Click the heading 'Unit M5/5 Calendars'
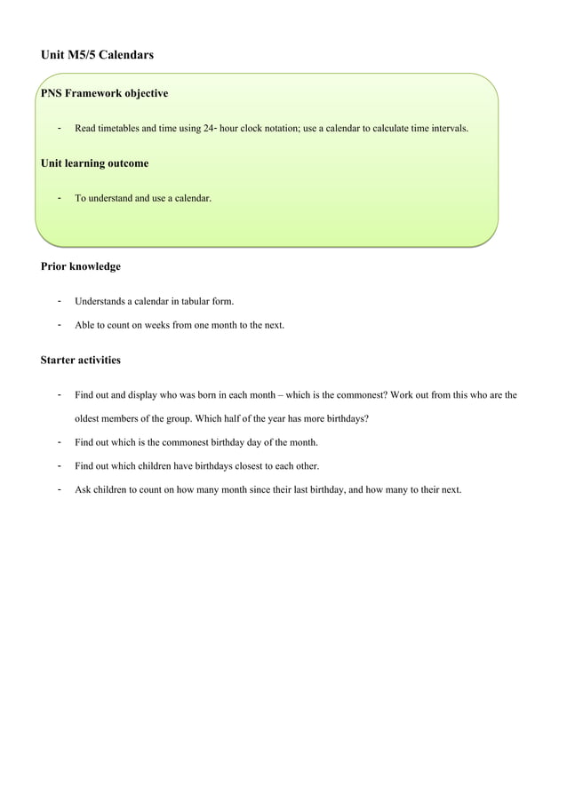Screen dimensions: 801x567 coord(97,55)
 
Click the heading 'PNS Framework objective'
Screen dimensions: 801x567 coord(104,93)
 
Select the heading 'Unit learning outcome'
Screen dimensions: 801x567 coord(94,163)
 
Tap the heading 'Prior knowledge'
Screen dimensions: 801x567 coord(81,266)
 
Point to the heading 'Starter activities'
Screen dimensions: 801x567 coord(81,361)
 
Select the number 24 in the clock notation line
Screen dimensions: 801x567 coord(208,129)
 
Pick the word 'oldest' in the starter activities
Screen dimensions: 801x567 coord(88,419)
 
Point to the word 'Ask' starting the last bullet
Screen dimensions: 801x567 coord(83,489)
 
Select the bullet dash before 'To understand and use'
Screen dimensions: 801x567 coord(59,198)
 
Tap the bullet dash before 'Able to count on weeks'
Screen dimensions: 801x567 coord(59,325)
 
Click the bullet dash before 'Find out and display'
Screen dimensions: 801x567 coord(59,395)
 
